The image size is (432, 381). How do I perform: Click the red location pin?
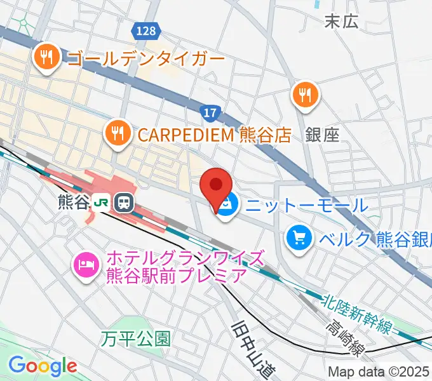point(215,186)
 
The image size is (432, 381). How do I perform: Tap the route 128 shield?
point(145,30)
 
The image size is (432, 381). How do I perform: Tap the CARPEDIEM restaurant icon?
point(117,132)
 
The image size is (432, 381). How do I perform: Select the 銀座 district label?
point(322,134)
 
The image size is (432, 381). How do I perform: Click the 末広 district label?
point(341,21)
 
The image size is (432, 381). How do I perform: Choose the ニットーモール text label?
point(306,205)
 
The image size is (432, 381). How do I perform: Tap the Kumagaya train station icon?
point(123,203)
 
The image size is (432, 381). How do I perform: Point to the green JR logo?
point(101,203)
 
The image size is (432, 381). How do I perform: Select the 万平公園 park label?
point(135,338)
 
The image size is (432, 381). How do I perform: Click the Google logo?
point(43,366)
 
